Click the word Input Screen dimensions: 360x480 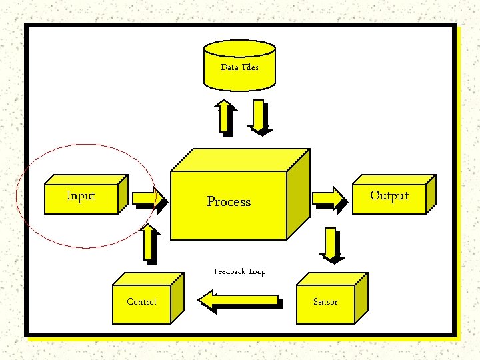[x=81, y=196]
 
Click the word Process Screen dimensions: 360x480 [x=229, y=201]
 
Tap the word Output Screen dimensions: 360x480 [x=389, y=195]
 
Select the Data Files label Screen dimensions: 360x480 [x=239, y=67]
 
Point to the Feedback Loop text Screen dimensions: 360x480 [x=239, y=271]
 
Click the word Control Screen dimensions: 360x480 [x=141, y=302]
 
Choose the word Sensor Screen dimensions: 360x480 [x=325, y=302]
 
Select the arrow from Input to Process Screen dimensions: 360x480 [x=147, y=199]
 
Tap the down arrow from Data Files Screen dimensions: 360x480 [x=259, y=117]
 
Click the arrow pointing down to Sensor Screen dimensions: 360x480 [x=330, y=243]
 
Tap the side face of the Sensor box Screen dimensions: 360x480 [x=361, y=298]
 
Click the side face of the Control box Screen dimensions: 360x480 [x=177, y=298]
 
